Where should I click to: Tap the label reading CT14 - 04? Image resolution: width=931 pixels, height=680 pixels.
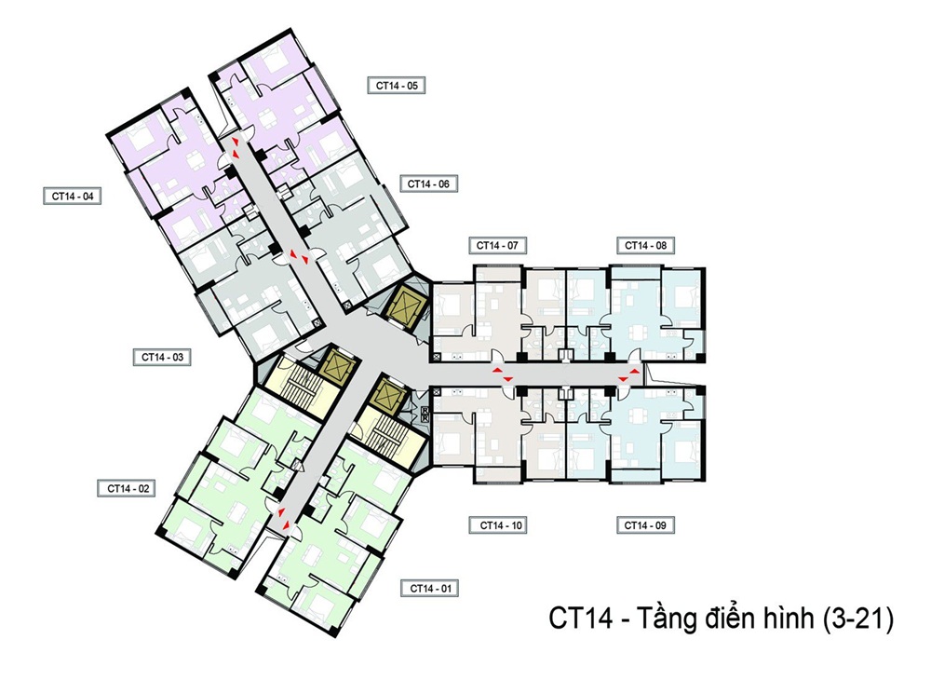(x=71, y=196)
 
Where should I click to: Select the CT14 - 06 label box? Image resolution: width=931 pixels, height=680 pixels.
(x=428, y=184)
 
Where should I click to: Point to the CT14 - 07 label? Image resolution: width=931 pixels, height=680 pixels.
(x=496, y=245)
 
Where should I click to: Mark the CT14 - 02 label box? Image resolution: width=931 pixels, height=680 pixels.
(x=128, y=487)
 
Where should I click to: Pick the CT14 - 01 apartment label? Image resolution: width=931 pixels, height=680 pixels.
(x=430, y=588)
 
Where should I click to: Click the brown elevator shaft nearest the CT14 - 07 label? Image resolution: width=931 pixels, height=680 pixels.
(x=408, y=304)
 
